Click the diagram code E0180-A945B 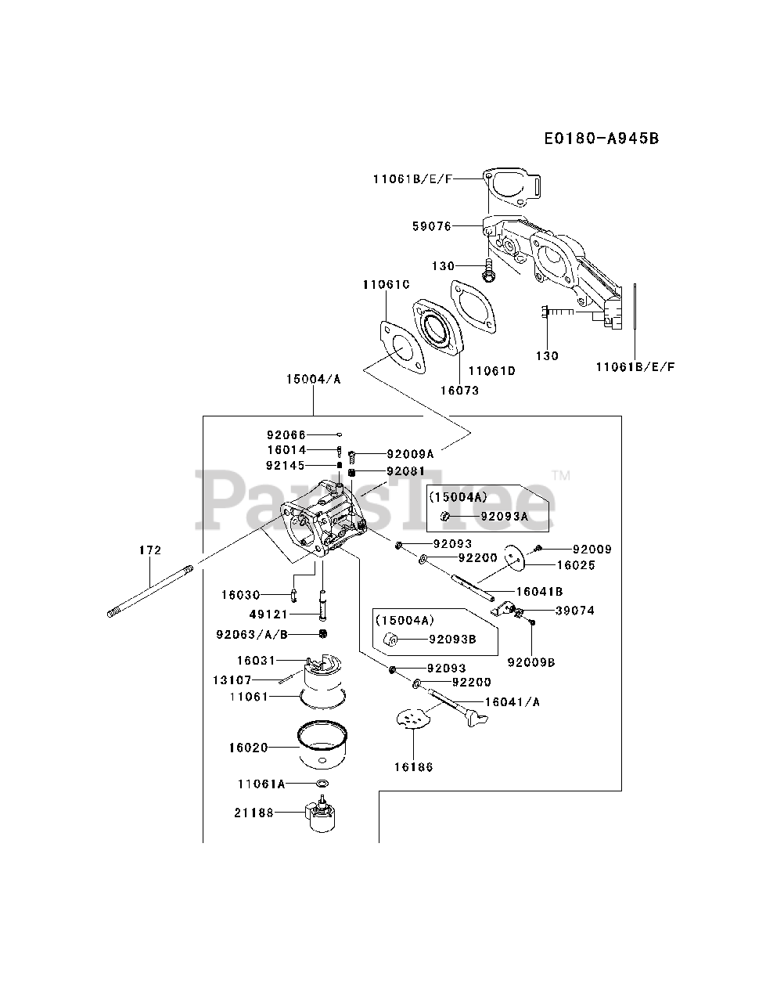pyautogui.click(x=602, y=138)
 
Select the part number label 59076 pyautogui.click(x=432, y=226)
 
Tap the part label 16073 pyautogui.click(x=459, y=391)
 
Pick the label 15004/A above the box pyautogui.click(x=314, y=379)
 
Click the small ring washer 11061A pyautogui.click(x=322, y=784)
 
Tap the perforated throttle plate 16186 pyautogui.click(x=413, y=719)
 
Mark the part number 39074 pyautogui.click(x=575, y=611)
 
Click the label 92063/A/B pyautogui.click(x=252, y=635)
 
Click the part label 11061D pyautogui.click(x=492, y=371)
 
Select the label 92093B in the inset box pyautogui.click(x=452, y=639)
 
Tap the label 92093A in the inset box pyautogui.click(x=504, y=517)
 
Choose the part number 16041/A pyautogui.click(x=512, y=701)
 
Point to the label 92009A pyautogui.click(x=410, y=454)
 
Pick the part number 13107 pyautogui.click(x=232, y=680)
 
